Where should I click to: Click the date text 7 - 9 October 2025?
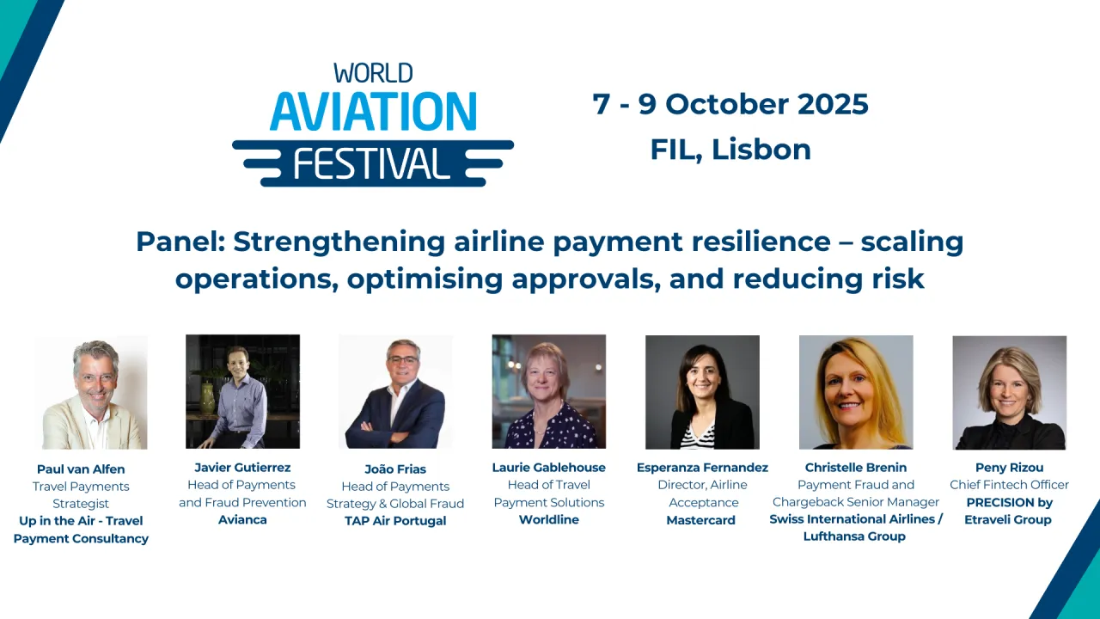pyautogui.click(x=730, y=104)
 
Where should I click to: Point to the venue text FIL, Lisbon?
pyautogui.click(x=730, y=150)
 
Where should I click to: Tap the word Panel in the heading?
pyautogui.click(x=179, y=242)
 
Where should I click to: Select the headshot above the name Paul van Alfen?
pyautogui.click(x=90, y=392)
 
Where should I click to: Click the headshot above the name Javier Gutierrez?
pyautogui.click(x=242, y=391)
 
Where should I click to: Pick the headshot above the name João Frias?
pyautogui.click(x=395, y=392)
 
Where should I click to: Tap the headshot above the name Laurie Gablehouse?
pyautogui.click(x=548, y=391)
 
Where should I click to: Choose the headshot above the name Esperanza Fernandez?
pyautogui.click(x=702, y=392)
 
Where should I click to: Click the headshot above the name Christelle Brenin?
pyautogui.click(x=855, y=392)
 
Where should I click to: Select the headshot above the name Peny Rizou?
pyautogui.click(x=1009, y=392)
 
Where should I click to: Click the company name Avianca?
pyautogui.click(x=242, y=520)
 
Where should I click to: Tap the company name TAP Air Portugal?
pyautogui.click(x=395, y=521)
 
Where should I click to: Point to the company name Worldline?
pyautogui.click(x=548, y=520)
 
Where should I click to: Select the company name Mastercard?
pyautogui.click(x=701, y=520)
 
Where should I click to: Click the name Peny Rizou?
pyautogui.click(x=1009, y=468)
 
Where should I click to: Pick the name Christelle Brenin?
pyautogui.click(x=855, y=468)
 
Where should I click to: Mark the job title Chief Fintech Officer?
pyautogui.click(x=1009, y=485)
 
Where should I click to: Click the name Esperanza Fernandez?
pyautogui.click(x=702, y=468)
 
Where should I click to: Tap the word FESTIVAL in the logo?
pyautogui.click(x=372, y=162)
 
